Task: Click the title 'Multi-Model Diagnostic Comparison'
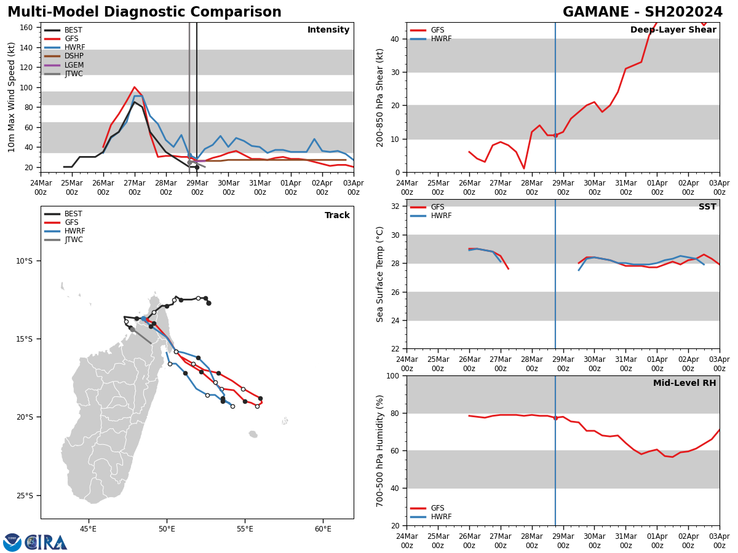point(145,12)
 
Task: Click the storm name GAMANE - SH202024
point(643,12)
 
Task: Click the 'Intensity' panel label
point(328,30)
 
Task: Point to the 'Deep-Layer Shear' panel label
point(673,30)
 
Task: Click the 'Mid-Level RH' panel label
point(684,383)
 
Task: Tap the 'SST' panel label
point(707,207)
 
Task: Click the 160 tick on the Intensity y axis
point(26,28)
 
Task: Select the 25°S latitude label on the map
point(24,496)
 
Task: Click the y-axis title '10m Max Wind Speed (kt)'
point(12,98)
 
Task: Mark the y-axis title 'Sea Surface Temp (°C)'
point(380,274)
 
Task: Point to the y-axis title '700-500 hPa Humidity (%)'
point(380,450)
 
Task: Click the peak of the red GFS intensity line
point(135,87)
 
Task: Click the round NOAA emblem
point(12,543)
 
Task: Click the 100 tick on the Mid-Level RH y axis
point(395,375)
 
